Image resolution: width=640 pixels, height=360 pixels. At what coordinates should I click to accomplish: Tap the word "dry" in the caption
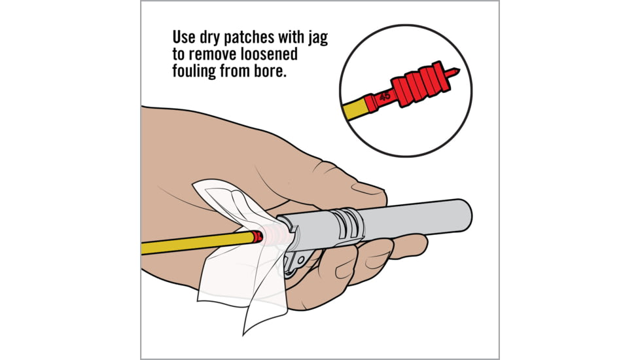(215, 37)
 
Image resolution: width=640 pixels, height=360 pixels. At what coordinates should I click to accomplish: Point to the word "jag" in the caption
(317, 37)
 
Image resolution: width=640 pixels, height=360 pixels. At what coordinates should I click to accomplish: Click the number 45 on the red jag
(385, 96)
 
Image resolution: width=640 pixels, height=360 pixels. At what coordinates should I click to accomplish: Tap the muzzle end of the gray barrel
(465, 213)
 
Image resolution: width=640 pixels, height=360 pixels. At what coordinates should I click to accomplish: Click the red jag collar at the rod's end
(258, 237)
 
